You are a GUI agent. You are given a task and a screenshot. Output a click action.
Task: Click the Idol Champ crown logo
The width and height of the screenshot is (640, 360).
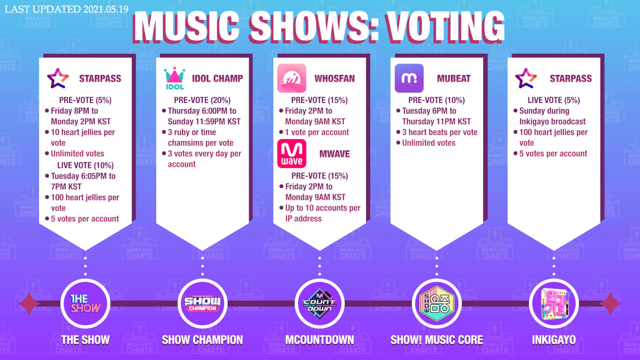(175, 78)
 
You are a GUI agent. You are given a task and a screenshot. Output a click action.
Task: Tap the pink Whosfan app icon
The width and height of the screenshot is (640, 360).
(292, 78)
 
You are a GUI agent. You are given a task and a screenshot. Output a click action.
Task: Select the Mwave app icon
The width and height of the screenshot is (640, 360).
(292, 154)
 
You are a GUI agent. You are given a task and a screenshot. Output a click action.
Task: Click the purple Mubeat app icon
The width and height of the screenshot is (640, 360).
(409, 78)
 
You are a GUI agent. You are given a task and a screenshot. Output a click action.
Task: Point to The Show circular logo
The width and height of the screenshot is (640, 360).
(85, 304)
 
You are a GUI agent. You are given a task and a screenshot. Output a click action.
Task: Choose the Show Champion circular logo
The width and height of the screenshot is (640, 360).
(202, 304)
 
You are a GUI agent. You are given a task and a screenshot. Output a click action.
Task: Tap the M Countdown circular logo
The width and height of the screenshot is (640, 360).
(320, 304)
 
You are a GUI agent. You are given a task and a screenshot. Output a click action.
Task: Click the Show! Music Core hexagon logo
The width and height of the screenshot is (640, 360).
(437, 304)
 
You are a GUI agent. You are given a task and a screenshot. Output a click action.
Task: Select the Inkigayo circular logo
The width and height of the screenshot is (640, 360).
(554, 304)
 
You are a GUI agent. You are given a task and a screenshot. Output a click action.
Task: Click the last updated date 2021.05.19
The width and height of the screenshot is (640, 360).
(106, 9)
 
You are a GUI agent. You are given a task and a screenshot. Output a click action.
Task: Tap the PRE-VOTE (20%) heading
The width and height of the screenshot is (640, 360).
(202, 100)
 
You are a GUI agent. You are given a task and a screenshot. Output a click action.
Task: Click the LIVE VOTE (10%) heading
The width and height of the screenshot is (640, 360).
(85, 165)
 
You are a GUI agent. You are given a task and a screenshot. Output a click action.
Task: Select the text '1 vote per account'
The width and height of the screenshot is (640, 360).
(317, 132)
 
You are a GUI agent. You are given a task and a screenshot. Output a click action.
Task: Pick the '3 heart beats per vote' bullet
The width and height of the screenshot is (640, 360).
(440, 132)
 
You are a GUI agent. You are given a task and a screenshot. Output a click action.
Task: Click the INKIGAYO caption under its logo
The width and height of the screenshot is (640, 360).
(554, 340)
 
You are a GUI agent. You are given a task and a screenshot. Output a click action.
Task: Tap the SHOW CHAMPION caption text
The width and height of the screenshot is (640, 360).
(202, 340)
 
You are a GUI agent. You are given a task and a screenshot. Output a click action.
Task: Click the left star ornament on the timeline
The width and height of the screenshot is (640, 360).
(29, 304)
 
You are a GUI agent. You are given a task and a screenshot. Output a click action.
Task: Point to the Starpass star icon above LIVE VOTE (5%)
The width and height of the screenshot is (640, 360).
(526, 78)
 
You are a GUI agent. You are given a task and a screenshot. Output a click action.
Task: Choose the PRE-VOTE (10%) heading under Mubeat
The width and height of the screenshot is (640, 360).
(437, 100)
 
